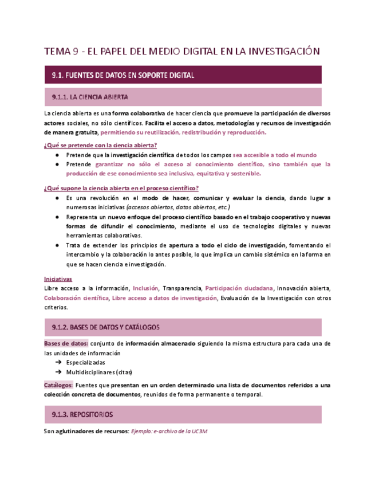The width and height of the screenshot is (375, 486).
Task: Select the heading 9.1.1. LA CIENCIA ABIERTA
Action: [x=89, y=97]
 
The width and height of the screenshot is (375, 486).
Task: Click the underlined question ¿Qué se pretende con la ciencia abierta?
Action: [x=100, y=144]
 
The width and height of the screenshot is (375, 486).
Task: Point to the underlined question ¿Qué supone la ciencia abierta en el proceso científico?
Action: [x=121, y=188]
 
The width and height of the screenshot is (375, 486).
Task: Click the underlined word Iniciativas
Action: [x=58, y=278]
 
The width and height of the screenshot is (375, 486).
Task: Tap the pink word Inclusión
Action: [x=145, y=288]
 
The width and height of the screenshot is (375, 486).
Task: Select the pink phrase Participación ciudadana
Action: [x=239, y=288]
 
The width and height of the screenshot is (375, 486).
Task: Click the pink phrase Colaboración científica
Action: [x=76, y=297]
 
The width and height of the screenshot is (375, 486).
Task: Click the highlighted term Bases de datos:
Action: [x=66, y=343]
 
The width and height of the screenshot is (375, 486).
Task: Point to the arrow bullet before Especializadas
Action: [x=58, y=363]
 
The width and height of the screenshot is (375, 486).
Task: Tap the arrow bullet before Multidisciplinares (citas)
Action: [x=58, y=372]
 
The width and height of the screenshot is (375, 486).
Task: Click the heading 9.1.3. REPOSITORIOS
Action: [x=82, y=414]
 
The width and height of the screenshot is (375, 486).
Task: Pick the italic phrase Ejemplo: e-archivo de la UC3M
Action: [x=169, y=432]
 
